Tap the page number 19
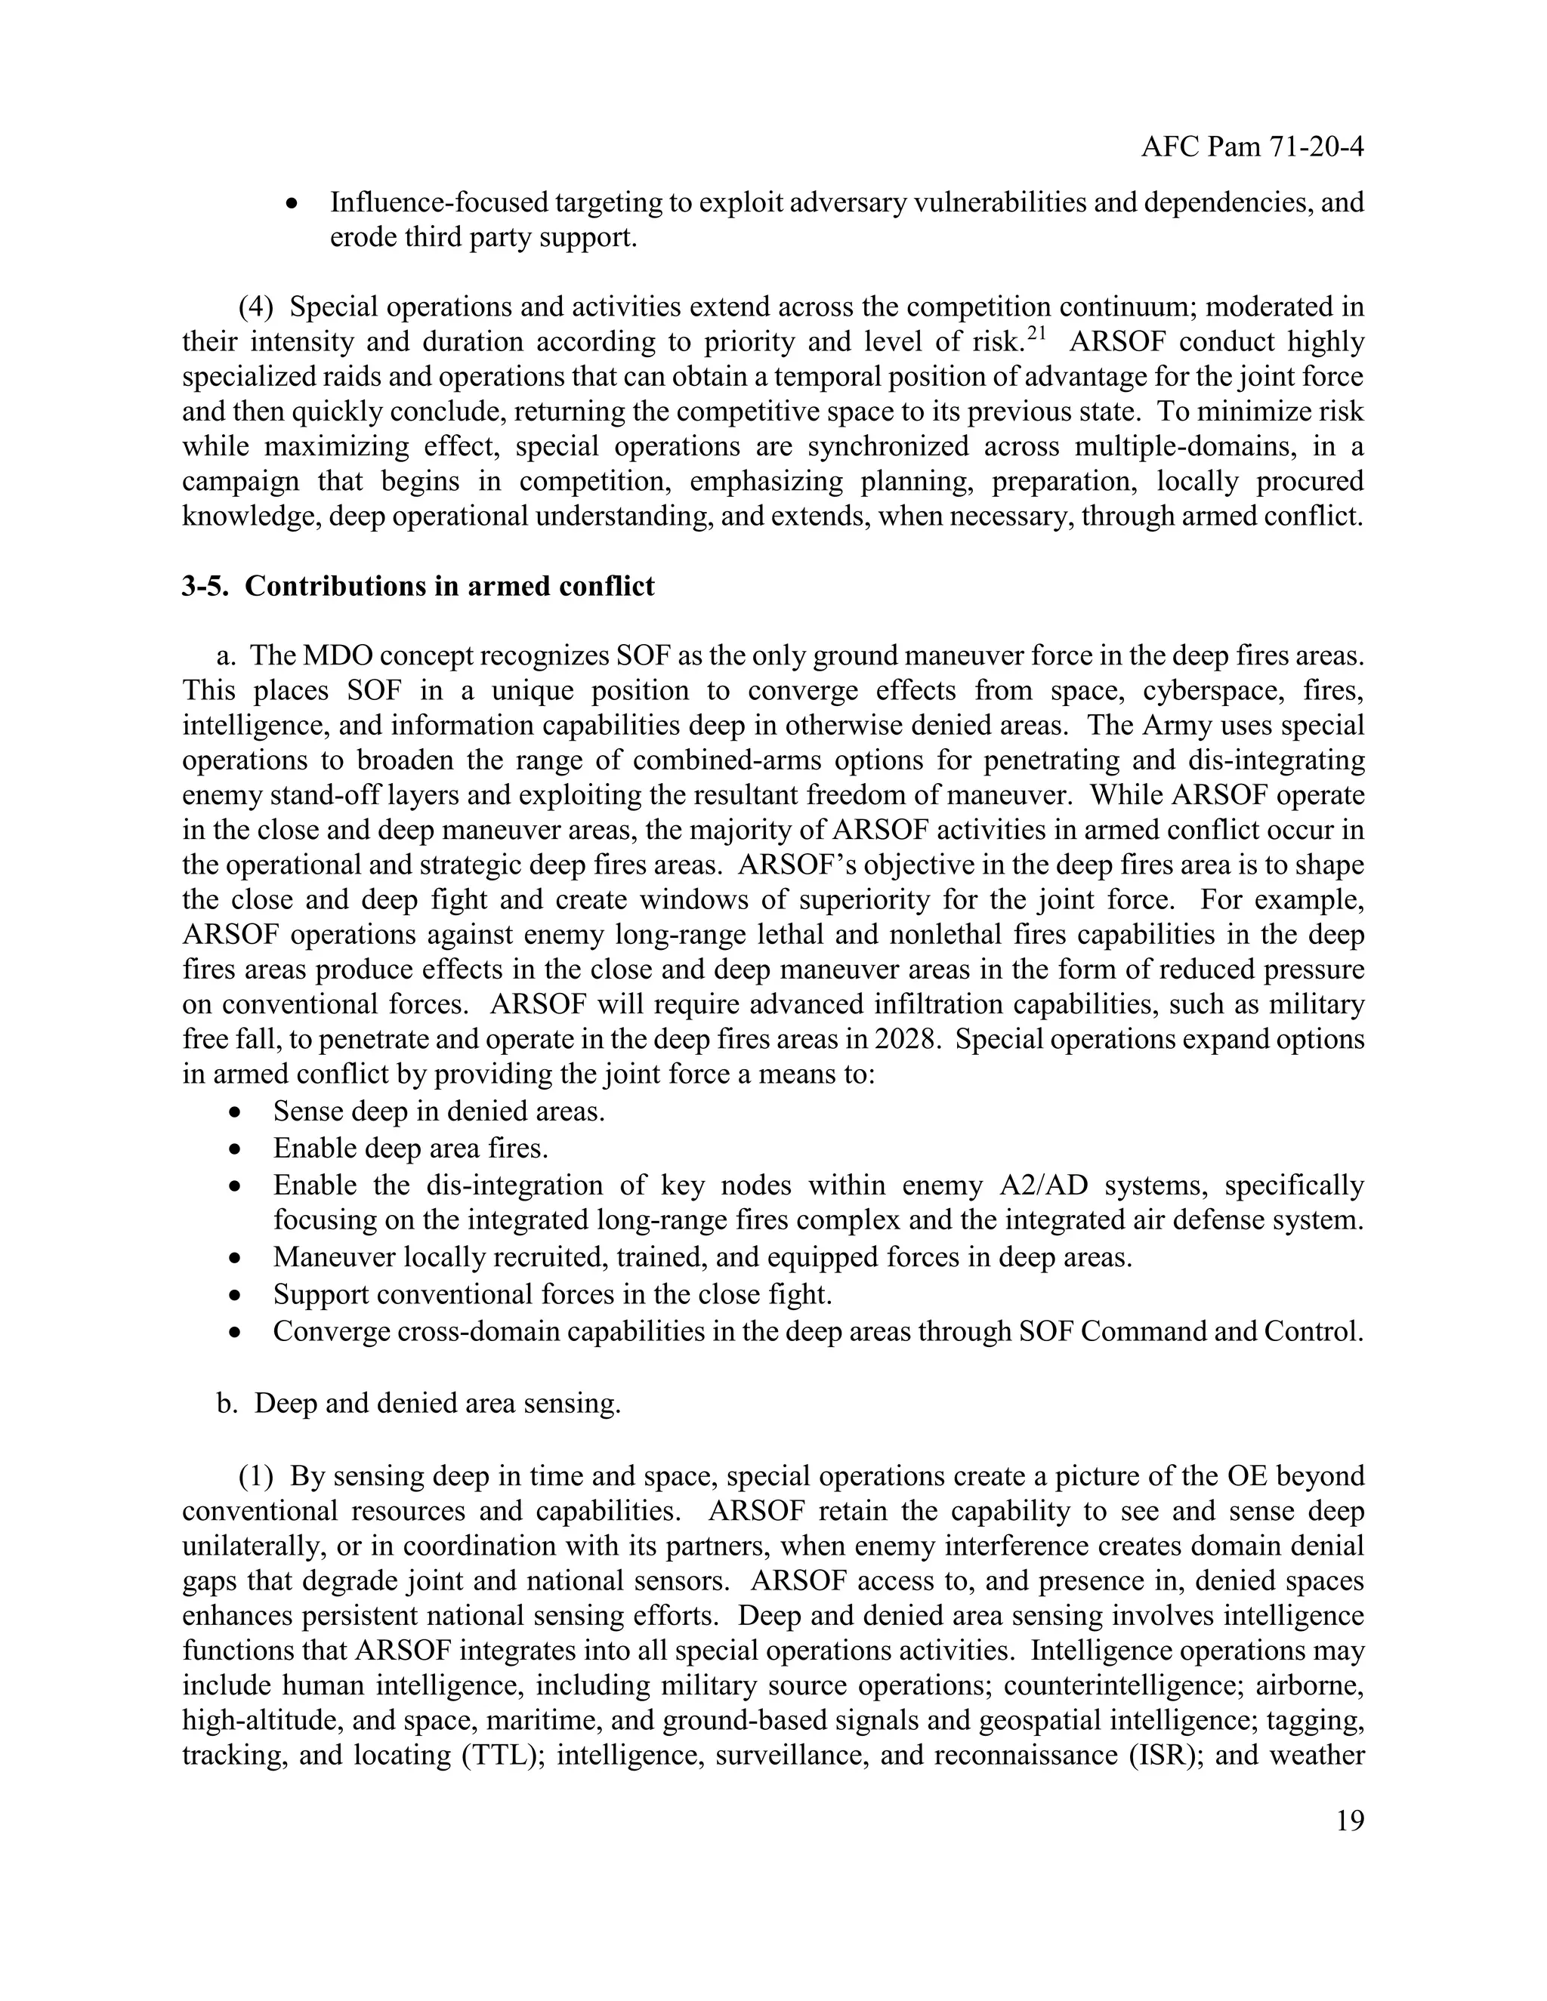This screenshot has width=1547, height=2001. pyautogui.click(x=1349, y=1821)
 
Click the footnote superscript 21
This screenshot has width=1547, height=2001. pyautogui.click(x=1036, y=335)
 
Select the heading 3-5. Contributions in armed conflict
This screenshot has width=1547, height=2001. pyautogui.click(x=418, y=587)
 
